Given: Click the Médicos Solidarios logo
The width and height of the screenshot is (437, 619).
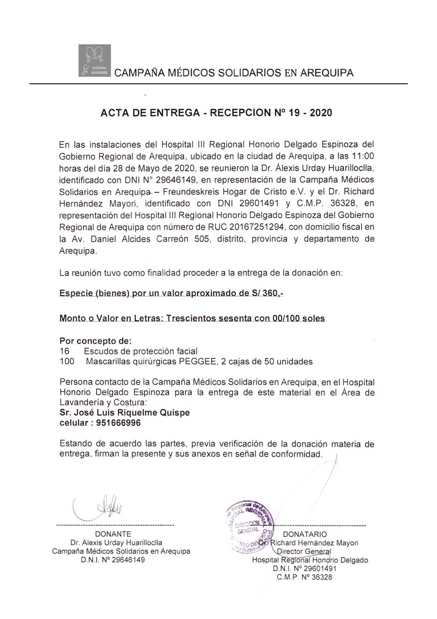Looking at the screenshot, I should [x=94, y=60].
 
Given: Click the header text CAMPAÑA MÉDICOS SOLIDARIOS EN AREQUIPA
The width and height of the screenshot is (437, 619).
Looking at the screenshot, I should [x=234, y=73].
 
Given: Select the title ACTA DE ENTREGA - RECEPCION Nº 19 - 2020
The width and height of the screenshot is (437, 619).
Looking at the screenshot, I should [x=217, y=113].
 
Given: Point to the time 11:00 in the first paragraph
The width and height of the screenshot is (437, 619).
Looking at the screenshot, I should [x=365, y=156].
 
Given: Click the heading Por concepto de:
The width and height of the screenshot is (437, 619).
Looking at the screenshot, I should [x=95, y=341].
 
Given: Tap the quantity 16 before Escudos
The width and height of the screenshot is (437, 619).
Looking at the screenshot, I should [x=65, y=351].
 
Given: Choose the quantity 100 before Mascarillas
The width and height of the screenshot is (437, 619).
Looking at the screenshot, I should [x=67, y=362].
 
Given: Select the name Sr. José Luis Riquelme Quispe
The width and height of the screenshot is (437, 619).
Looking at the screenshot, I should [x=125, y=413].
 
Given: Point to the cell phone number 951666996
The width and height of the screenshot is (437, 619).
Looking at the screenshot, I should [x=118, y=423].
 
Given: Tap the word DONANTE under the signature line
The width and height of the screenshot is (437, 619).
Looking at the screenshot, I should [x=113, y=534].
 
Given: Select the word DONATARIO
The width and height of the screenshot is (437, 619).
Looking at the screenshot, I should [x=305, y=534].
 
